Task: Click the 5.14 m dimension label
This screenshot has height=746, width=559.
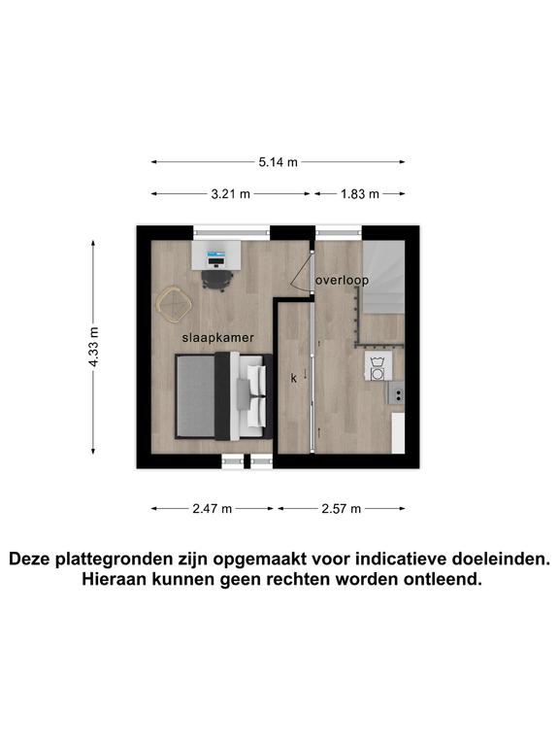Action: (279, 162)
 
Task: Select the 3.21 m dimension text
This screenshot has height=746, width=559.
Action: (231, 194)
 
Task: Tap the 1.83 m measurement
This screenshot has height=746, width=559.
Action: (360, 194)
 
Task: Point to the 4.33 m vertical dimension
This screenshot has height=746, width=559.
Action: (93, 347)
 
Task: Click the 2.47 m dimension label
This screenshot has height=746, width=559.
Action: (212, 509)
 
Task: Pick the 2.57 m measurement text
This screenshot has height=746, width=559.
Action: (342, 509)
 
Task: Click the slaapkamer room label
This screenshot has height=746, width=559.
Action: (218, 338)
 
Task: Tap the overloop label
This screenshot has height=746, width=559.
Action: (343, 281)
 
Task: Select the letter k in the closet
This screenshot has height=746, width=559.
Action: (294, 378)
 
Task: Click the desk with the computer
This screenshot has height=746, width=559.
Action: (216, 255)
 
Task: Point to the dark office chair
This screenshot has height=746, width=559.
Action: (217, 280)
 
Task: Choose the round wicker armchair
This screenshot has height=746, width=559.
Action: (174, 304)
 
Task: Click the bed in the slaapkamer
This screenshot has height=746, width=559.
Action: (223, 396)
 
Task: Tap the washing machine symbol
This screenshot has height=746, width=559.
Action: (378, 366)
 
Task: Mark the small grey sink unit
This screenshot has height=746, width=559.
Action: (396, 393)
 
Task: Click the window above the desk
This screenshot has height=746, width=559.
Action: (232, 233)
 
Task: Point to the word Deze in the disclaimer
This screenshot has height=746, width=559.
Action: (30, 559)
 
